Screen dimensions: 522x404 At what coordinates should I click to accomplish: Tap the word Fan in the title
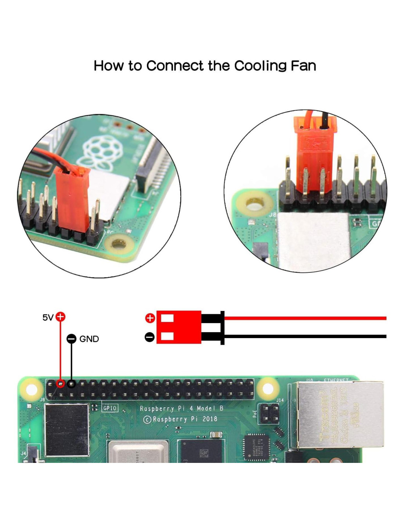pyautogui.click(x=303, y=66)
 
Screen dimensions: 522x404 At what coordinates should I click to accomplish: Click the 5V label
pyautogui.click(x=48, y=317)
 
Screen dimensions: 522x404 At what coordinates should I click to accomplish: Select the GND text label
pyautogui.click(x=89, y=339)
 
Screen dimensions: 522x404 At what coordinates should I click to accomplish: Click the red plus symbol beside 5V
pyautogui.click(x=61, y=316)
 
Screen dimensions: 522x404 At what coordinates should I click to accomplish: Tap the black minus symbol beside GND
pyautogui.click(x=71, y=339)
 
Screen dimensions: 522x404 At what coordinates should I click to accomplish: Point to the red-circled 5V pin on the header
pyautogui.click(x=61, y=384)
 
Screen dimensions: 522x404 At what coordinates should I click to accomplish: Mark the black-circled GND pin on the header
pyautogui.click(x=71, y=384)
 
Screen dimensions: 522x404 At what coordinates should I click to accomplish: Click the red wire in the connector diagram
pyautogui.click(x=305, y=318)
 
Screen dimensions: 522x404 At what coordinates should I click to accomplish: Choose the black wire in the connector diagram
pyautogui.click(x=305, y=336)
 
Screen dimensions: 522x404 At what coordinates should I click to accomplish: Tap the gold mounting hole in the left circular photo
pyautogui.click(x=119, y=243)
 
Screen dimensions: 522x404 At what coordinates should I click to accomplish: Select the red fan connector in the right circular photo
pyautogui.click(x=314, y=154)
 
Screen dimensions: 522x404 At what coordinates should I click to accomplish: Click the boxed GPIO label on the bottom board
pyautogui.click(x=109, y=408)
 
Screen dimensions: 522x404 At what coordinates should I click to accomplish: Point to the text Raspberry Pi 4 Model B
pyautogui.click(x=181, y=408)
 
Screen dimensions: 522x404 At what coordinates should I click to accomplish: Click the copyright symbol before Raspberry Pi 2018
pyautogui.click(x=147, y=419)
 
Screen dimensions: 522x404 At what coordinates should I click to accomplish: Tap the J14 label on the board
pyautogui.click(x=280, y=400)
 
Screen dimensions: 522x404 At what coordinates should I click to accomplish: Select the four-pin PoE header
pyautogui.click(x=270, y=414)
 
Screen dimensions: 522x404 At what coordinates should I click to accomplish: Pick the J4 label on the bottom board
pyautogui.click(x=24, y=453)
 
